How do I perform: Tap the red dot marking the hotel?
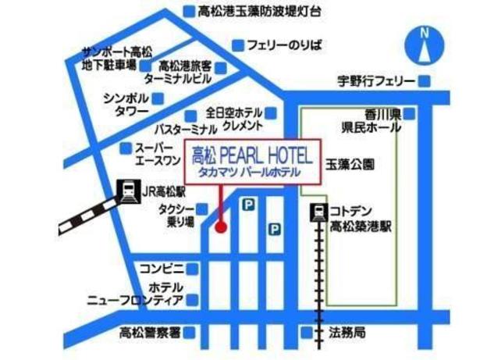(x=220, y=227)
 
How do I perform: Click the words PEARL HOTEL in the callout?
(x=266, y=155)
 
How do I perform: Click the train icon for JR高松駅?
(x=125, y=189)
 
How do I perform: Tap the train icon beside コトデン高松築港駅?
(x=318, y=212)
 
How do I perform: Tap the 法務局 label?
(x=347, y=331)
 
